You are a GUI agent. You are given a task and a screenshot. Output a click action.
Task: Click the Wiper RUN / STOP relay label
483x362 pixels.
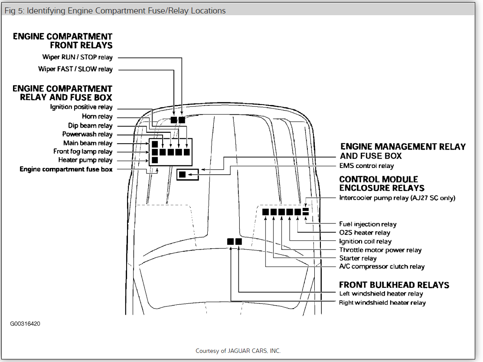pos(77,57)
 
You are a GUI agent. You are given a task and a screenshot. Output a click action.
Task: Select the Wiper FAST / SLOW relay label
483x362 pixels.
pos(75,69)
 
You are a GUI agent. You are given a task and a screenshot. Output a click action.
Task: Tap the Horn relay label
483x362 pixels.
pos(97,117)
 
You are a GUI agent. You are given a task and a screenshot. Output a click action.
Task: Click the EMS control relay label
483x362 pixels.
pos(366,166)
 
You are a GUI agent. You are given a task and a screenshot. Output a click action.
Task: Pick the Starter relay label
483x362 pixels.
pos(358,258)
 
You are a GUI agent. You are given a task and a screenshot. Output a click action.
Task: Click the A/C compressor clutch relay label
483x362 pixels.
pos(382,267)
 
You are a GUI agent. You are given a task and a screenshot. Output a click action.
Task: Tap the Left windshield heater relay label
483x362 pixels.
pos(381,294)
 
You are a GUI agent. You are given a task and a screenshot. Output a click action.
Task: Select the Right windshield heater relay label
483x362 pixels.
pos(382,303)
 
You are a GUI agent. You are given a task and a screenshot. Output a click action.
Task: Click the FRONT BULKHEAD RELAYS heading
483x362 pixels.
pos(394,285)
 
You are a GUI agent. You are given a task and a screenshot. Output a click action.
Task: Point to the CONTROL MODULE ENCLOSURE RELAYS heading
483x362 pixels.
pos(382,184)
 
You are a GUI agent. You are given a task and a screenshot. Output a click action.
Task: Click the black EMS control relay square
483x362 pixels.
pos(183,174)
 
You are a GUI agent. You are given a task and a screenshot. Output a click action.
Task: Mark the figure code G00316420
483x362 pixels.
pos(26,324)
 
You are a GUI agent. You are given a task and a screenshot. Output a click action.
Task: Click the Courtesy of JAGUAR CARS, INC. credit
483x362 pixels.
pos(238,351)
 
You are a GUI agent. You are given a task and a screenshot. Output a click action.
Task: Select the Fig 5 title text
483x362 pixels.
pos(115,10)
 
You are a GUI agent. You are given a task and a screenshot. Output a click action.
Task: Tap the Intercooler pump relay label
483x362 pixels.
pos(397,198)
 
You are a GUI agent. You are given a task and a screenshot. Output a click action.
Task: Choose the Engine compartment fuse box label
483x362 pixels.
pos(66,169)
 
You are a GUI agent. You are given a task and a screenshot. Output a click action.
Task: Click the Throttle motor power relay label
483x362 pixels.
pos(380,250)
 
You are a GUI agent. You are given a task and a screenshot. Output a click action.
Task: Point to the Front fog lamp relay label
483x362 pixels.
pos(83,152)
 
